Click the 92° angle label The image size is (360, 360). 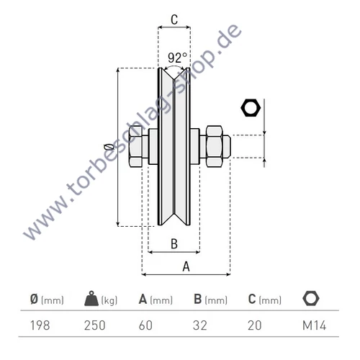click(177, 57)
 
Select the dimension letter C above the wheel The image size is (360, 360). click(174, 20)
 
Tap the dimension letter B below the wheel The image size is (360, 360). click(174, 243)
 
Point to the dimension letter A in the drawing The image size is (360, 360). click(186, 266)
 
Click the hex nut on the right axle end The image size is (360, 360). click(215, 148)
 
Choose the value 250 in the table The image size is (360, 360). click(95, 325)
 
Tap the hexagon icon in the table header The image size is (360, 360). click(312, 298)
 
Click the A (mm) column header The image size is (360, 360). click(156, 300)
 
